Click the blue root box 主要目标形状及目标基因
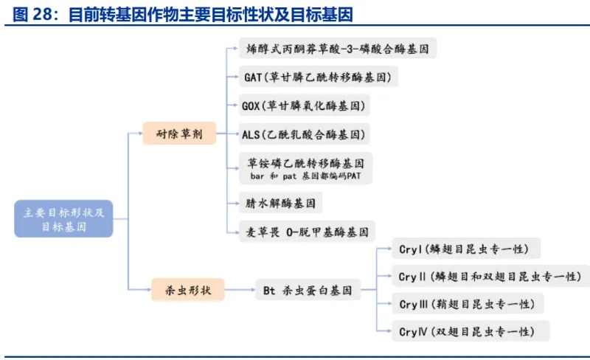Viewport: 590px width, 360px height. tap(63, 218)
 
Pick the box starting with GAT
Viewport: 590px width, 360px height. tap(317, 77)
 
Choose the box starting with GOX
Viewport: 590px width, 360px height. tap(303, 105)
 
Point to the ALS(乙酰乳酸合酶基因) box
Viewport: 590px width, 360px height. tap(303, 134)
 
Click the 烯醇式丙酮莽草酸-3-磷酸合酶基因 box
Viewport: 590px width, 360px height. tap(338, 49)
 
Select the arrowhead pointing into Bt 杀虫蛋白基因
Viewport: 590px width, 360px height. tap(249, 290)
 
